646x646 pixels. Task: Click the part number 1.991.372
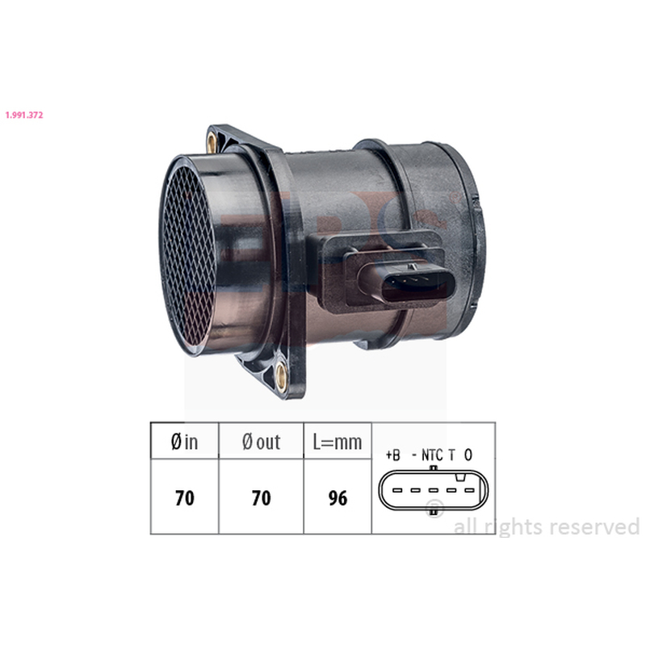(x=24, y=115)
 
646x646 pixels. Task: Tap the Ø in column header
(x=184, y=442)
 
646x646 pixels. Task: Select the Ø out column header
(x=261, y=442)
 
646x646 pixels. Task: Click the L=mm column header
(x=338, y=442)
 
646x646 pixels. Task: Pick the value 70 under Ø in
(x=185, y=497)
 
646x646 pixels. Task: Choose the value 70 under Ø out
(x=261, y=497)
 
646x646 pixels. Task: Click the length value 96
(x=338, y=497)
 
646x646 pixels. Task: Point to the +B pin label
(x=393, y=455)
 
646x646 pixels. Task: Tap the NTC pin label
(x=432, y=455)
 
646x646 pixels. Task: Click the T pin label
(x=451, y=455)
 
